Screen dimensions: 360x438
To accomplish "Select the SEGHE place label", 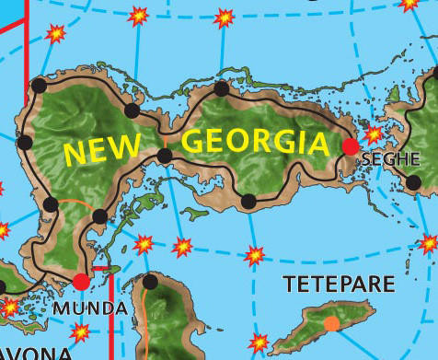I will (x=390, y=159).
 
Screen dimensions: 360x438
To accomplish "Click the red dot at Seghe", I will (x=351, y=145).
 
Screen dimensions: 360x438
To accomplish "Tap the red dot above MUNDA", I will (x=82, y=282).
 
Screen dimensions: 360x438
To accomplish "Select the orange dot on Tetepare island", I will (x=331, y=323).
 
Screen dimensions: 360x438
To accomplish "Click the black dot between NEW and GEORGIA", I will (x=165, y=156).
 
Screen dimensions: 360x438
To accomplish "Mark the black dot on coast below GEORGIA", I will (x=248, y=202).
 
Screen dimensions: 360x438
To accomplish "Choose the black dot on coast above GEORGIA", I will (x=221, y=89).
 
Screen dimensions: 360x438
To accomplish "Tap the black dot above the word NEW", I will (x=132, y=111).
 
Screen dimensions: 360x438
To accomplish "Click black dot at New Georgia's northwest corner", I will (x=39, y=86).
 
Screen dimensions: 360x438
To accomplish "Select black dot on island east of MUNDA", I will (x=151, y=282).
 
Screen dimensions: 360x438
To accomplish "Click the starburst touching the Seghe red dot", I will (x=373, y=134).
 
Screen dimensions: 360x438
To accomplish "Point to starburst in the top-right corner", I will (x=409, y=5).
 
